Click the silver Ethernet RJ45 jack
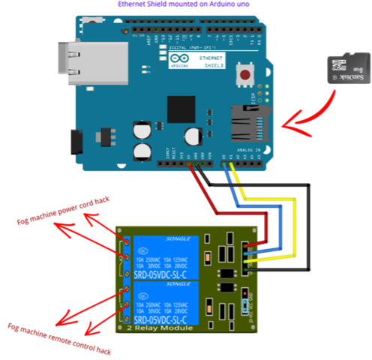(x=71, y=60)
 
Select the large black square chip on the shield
(x=181, y=108)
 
